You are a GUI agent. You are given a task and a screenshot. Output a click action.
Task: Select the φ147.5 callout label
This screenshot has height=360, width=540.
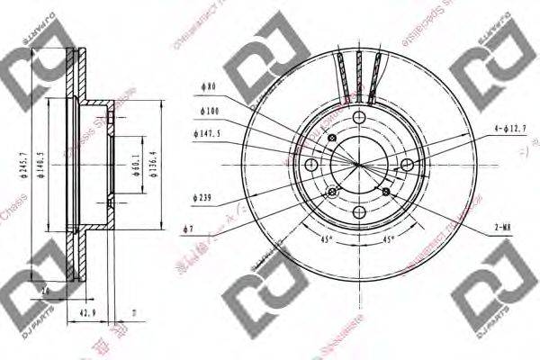[x=208, y=134]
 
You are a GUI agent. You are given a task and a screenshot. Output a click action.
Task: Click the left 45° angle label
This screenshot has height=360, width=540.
[x=327, y=238]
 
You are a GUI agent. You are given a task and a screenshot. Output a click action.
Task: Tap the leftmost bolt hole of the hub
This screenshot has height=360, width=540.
[x=311, y=165]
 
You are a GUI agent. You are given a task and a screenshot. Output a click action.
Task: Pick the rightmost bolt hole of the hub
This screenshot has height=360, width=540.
[x=407, y=165]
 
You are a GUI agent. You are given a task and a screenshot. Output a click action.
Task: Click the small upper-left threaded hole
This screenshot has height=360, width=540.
[x=333, y=137]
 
